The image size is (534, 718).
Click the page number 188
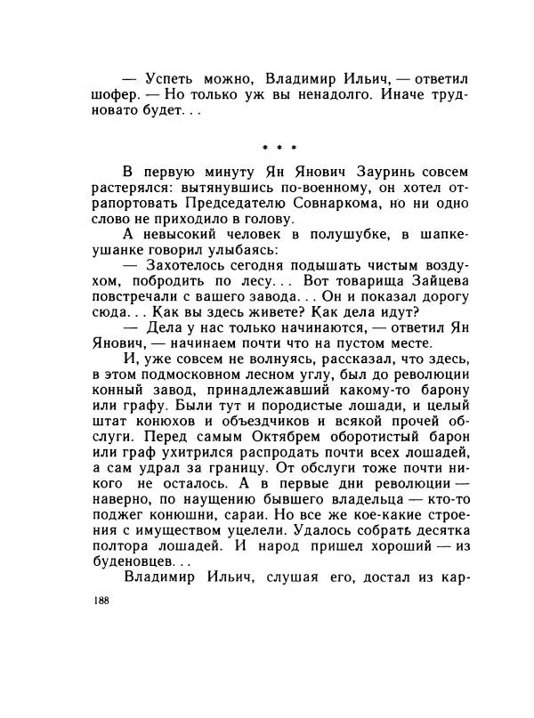tap(100, 601)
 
